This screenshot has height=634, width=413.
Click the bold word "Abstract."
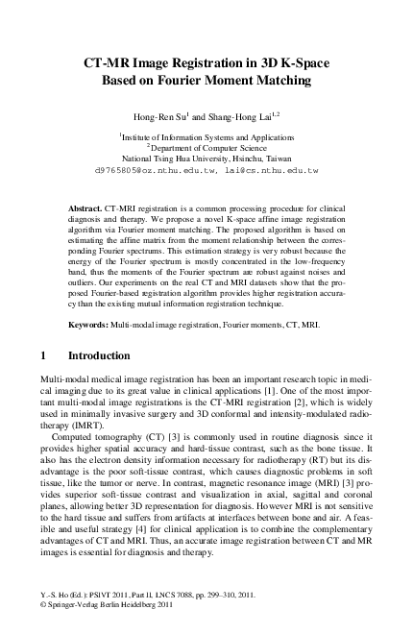(90, 207)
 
